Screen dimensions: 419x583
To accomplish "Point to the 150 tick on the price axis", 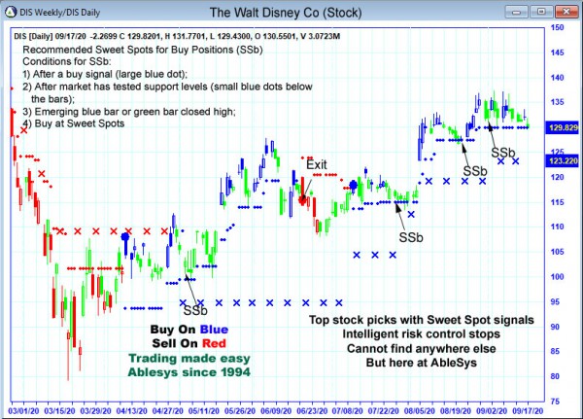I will (x=557, y=27).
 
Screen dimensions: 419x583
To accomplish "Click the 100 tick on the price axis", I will (x=557, y=277).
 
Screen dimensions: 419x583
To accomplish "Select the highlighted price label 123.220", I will (x=563, y=160).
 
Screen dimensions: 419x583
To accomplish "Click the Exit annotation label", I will (x=317, y=164).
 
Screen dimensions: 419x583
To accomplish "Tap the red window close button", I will (x=567, y=13).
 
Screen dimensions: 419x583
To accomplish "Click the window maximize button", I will (x=550, y=13).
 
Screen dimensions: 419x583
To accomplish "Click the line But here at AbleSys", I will (x=422, y=363).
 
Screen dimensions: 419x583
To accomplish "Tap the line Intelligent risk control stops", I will (x=422, y=333).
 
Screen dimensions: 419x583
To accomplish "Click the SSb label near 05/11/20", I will (x=195, y=310).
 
